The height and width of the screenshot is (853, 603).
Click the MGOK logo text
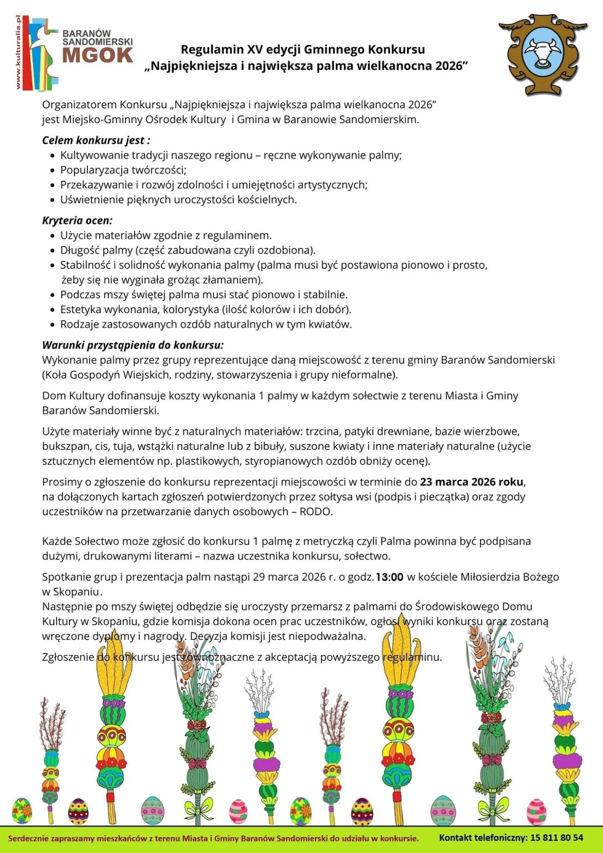pyautogui.click(x=97, y=55)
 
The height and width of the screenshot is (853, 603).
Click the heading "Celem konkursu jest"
pyautogui.click(x=96, y=140)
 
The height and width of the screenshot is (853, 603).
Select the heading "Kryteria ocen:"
pyautogui.click(x=77, y=221)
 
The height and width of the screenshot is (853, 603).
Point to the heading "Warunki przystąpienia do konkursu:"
pyautogui.click(x=133, y=345)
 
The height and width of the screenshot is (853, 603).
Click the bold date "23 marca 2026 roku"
pyautogui.click(x=472, y=482)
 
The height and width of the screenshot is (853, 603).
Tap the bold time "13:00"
pyautogui.click(x=390, y=577)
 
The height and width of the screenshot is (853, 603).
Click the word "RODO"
pyautogui.click(x=316, y=511)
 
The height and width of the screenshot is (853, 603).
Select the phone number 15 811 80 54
pyautogui.click(x=557, y=837)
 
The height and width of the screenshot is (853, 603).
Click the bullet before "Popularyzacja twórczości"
pyautogui.click(x=52, y=171)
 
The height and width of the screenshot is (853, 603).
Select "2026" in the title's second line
pyautogui.click(x=449, y=66)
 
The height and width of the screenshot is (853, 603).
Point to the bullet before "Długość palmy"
pyautogui.click(x=52, y=250)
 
